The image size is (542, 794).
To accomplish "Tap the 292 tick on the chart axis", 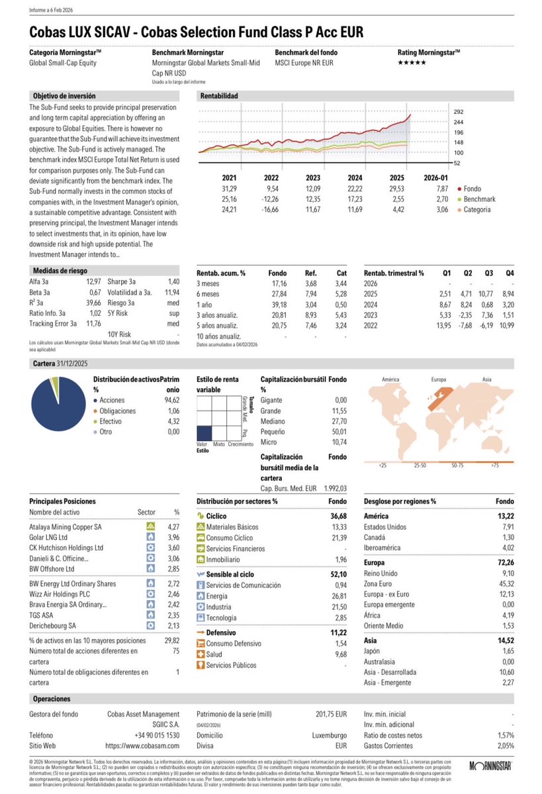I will pos(458,112).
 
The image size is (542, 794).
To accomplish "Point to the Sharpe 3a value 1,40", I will pos(175,281).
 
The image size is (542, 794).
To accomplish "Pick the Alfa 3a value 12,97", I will pos(93,281).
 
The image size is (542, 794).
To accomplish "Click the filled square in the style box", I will pos(206,433).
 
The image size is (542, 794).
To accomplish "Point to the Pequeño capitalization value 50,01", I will pos(337,431).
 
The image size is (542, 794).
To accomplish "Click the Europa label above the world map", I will pos(439,379).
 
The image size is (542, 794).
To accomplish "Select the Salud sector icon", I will pos(201,654).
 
